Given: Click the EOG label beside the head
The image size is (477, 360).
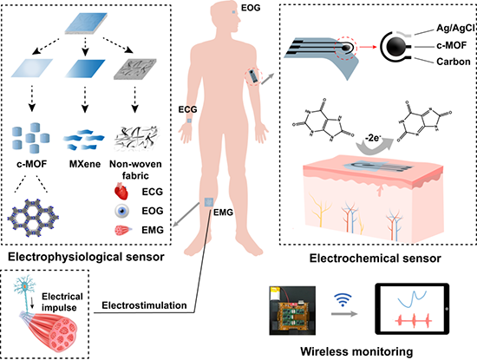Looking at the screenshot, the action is click(x=251, y=8).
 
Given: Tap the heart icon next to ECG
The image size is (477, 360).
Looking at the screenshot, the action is click(x=121, y=192).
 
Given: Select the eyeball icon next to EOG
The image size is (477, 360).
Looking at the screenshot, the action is click(x=121, y=211).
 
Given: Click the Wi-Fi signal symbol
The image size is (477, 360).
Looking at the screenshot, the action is click(x=343, y=300).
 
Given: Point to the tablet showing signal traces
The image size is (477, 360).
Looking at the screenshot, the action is click(x=412, y=309).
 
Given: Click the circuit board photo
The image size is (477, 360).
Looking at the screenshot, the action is click(x=292, y=311).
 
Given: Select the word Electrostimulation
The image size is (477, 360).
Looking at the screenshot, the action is click(x=144, y=305).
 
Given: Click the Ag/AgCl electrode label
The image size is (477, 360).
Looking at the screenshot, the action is click(x=455, y=28).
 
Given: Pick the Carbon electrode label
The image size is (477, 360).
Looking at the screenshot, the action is click(x=454, y=62).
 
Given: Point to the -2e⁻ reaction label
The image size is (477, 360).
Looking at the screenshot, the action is click(x=373, y=138).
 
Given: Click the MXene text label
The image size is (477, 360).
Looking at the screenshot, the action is click(x=85, y=164).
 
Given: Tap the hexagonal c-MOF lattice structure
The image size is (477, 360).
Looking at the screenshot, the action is click(x=33, y=218).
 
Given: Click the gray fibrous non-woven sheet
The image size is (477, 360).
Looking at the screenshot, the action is click(x=135, y=69).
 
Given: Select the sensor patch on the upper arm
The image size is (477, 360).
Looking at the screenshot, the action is click(x=253, y=75).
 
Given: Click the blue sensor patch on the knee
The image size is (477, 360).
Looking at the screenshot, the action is click(x=209, y=202).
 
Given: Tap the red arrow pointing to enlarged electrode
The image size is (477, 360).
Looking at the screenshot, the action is click(x=369, y=47).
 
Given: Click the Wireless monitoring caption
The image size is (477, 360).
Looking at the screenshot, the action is click(x=356, y=351).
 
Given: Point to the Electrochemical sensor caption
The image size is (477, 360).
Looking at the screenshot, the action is click(x=375, y=259).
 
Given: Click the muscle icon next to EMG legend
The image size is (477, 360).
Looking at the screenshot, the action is click(x=123, y=230).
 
